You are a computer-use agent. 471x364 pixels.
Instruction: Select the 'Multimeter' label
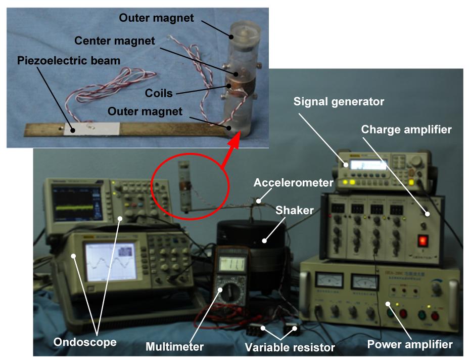pyautogui.click(x=174, y=347)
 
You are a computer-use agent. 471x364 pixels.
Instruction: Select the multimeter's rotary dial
pyautogui.click(x=228, y=293)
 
